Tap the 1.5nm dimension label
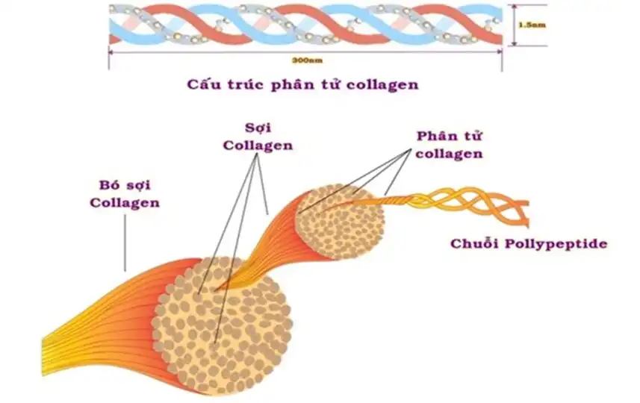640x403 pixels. tap(531, 25)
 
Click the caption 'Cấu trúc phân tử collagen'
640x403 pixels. tap(302, 84)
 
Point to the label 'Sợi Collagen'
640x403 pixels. tap(258, 135)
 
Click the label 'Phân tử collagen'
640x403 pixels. tap(448, 145)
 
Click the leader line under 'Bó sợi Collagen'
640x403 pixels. tap(125, 239)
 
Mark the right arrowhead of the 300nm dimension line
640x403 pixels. tap(500, 51)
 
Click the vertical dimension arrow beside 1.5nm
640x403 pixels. tap(512, 25)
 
